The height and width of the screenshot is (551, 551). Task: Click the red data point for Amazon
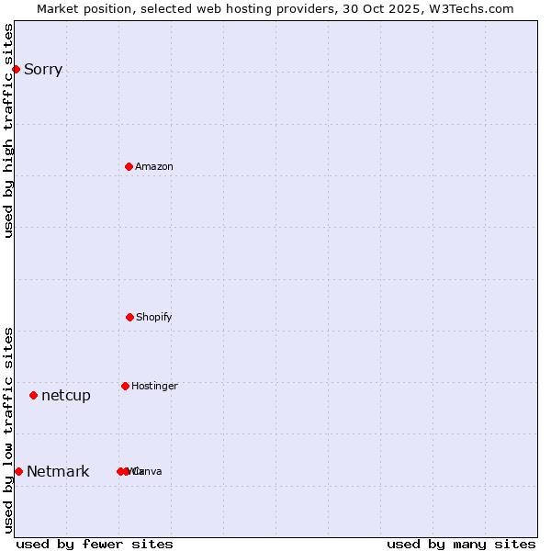point(129,166)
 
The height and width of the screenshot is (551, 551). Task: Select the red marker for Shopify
point(129,317)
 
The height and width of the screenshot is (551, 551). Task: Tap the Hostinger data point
point(125,386)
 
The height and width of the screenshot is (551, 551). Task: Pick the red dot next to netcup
point(33,395)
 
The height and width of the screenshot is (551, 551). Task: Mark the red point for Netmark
point(18,471)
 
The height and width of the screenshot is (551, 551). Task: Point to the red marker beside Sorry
point(16,69)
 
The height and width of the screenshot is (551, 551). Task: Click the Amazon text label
point(154,166)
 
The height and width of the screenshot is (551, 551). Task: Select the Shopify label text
point(154,317)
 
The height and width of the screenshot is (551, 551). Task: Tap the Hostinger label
point(154,386)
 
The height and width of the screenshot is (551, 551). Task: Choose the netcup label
point(66,395)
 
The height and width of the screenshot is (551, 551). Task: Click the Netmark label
point(58,471)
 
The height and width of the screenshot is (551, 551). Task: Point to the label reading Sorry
point(43,69)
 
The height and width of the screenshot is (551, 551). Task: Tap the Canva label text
point(147,471)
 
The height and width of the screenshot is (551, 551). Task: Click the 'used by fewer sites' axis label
point(95,544)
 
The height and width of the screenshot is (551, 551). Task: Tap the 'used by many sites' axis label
point(461,544)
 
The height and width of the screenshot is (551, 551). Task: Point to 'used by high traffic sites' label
point(8,130)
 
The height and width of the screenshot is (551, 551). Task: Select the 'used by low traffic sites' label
point(8,430)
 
